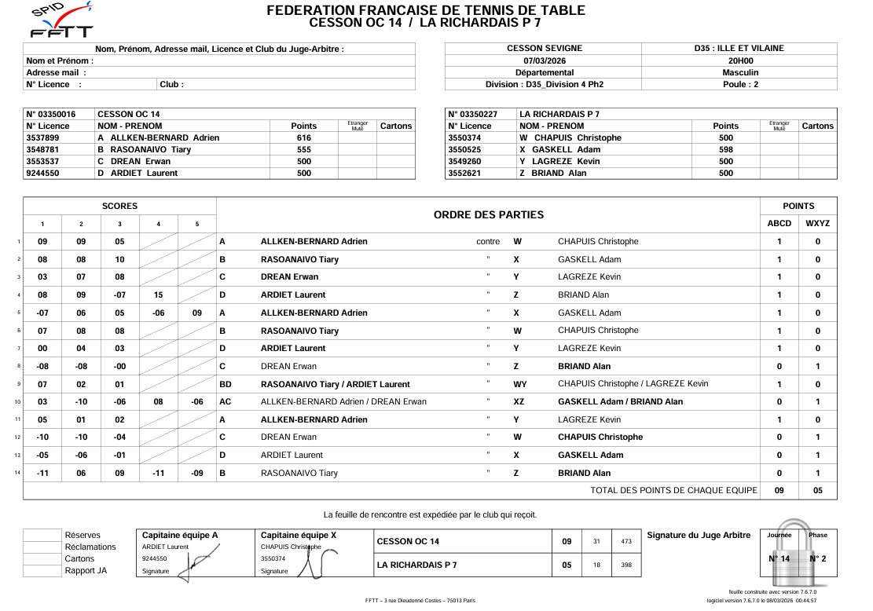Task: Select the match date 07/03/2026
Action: point(544,60)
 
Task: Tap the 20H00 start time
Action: point(739,60)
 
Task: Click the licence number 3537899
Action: point(43,137)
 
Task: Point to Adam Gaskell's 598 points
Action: point(725,149)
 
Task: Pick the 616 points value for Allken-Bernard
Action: point(303,137)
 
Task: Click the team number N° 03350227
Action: point(471,114)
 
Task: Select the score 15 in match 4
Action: point(158,295)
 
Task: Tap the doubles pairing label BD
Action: point(225,384)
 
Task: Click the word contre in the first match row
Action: point(488,242)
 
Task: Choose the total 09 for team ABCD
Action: point(779,490)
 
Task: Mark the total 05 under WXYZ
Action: point(817,490)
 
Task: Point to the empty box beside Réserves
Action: point(42,536)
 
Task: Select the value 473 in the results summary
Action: point(625,541)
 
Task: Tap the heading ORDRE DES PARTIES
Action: point(488,214)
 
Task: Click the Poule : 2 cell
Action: point(739,84)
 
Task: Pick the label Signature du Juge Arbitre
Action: point(699,536)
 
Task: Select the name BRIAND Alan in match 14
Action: point(584,473)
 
